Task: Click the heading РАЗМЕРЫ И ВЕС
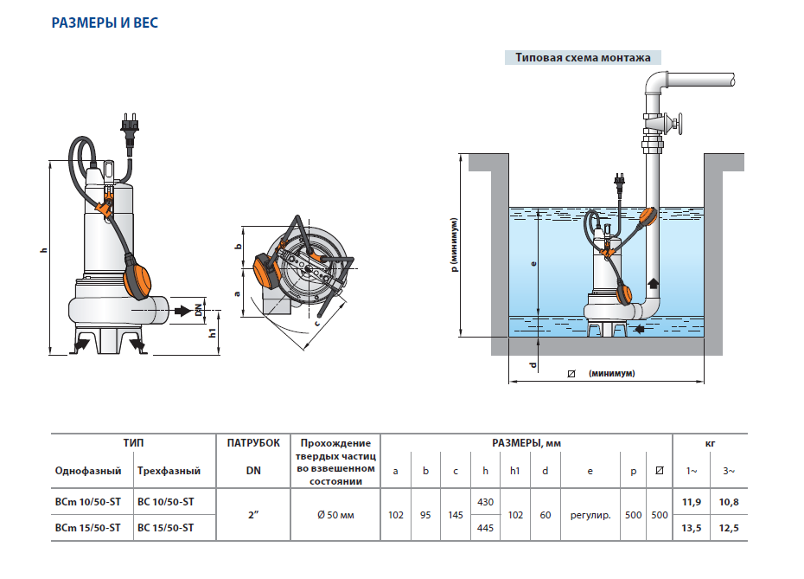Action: (x=105, y=23)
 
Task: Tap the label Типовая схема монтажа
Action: (x=583, y=59)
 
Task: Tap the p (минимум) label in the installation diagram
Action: (x=454, y=245)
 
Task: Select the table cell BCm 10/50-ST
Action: (x=87, y=501)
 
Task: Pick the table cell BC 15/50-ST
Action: (x=166, y=527)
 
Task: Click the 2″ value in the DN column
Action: (x=254, y=514)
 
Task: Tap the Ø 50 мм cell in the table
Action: (x=336, y=514)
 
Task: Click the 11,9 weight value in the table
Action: (x=692, y=501)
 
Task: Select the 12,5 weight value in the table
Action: (x=729, y=527)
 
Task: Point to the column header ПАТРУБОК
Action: (x=254, y=442)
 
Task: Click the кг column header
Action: (x=711, y=442)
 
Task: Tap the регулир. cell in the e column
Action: (x=590, y=514)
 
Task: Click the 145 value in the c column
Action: (x=455, y=514)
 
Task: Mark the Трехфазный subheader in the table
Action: (x=169, y=471)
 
